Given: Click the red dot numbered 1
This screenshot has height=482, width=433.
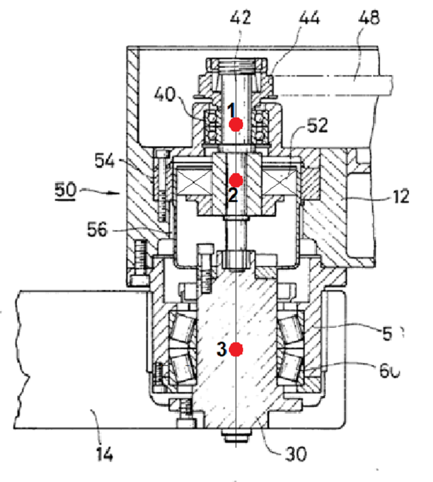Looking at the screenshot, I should [235, 124].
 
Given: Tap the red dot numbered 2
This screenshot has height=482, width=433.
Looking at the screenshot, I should [235, 180].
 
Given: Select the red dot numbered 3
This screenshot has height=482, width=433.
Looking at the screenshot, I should [235, 349].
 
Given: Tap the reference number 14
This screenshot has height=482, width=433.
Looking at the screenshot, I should [103, 454].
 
